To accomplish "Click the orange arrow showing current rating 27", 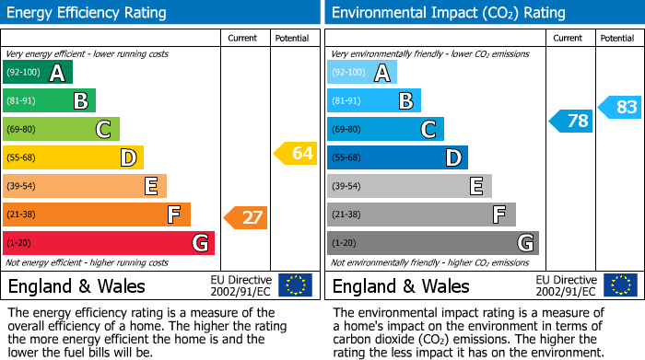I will (246, 218).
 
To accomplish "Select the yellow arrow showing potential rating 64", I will (295, 154).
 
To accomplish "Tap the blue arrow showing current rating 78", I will (571, 121).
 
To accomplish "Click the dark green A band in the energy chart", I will (38, 73).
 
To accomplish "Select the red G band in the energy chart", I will (109, 243).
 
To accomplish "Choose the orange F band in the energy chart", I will (97, 215).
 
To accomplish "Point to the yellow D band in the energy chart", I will (73, 157).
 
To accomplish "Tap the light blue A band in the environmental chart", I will (362, 73).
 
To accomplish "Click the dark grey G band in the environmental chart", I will (433, 243).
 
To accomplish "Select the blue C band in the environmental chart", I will (385, 129).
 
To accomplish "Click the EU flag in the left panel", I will (295, 285).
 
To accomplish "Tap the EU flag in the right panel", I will (619, 285).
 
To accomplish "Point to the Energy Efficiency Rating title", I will (88, 13).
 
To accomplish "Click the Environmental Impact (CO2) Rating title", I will (449, 13).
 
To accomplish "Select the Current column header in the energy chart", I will (242, 38).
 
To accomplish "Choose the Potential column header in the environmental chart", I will (616, 38).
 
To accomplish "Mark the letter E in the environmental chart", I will (475, 186).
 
